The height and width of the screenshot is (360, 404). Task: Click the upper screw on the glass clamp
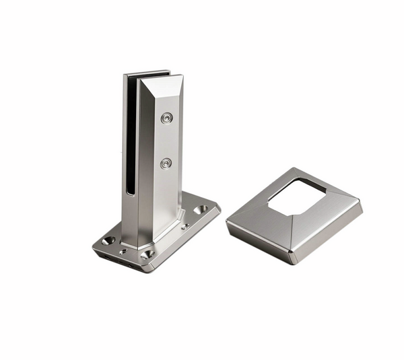click(x=166, y=118)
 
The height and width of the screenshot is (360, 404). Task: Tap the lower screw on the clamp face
click(x=166, y=163)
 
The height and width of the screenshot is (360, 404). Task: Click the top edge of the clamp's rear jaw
click(x=147, y=71)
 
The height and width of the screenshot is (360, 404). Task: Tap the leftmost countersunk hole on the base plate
click(x=108, y=240)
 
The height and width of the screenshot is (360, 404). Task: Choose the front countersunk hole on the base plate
click(x=147, y=254)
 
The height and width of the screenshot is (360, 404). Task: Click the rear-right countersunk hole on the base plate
click(x=201, y=211)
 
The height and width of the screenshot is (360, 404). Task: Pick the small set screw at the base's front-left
click(x=123, y=252)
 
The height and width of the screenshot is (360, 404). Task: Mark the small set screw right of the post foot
click(x=184, y=226)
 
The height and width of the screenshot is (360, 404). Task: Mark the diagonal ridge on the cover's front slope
click(x=292, y=232)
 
